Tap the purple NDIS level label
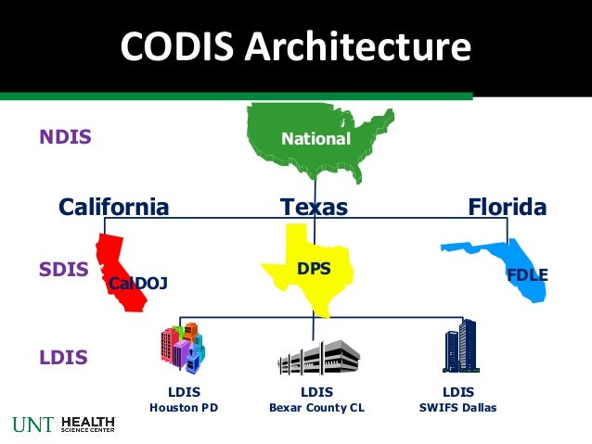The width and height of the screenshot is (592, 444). pos(65,138)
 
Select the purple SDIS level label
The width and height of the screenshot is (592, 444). pos(64,270)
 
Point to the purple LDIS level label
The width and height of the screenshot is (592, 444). pos(64,357)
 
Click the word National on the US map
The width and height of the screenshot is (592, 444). pos(316,140)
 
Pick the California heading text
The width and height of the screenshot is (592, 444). pos(114,207)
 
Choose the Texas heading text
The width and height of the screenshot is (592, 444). pos(314,207)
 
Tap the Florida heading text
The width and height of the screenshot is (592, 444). pos(508,207)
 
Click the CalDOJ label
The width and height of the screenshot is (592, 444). pos(138,284)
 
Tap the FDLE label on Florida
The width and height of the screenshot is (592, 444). pos(527,274)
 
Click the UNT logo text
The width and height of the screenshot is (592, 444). pos(33,425)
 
